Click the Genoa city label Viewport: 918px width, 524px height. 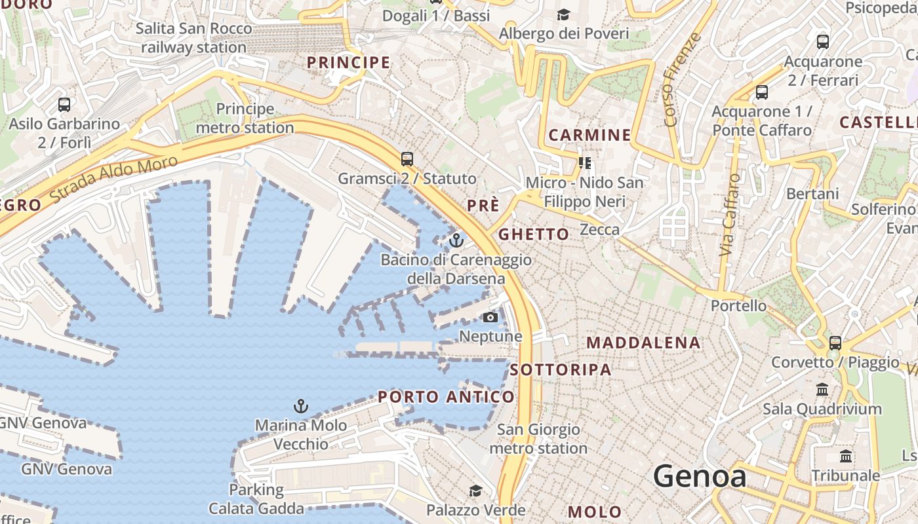click(700, 476)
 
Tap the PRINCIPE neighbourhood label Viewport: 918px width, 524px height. click(348, 63)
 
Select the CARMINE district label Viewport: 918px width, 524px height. click(589, 136)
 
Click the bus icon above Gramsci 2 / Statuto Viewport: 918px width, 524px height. click(407, 159)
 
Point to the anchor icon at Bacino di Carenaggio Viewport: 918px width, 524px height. click(456, 240)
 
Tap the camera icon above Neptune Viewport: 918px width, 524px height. click(490, 318)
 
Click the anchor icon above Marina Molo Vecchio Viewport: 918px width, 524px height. click(300, 406)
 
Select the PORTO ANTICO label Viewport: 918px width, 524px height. click(447, 397)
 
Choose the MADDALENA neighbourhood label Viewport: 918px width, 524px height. click(643, 343)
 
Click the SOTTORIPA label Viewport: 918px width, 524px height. click(561, 369)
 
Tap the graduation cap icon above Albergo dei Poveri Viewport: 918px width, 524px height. click(563, 14)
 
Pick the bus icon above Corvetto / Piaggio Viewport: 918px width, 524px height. click(835, 343)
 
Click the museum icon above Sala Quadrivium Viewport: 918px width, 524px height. click(822, 390)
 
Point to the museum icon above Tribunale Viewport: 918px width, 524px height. click(846, 456)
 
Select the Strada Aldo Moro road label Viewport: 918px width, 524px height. click(114, 179)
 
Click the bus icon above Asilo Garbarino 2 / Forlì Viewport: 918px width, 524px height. click(64, 104)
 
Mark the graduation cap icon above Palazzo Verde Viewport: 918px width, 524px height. click(475, 491)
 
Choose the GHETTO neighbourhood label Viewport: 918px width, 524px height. click(534, 234)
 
